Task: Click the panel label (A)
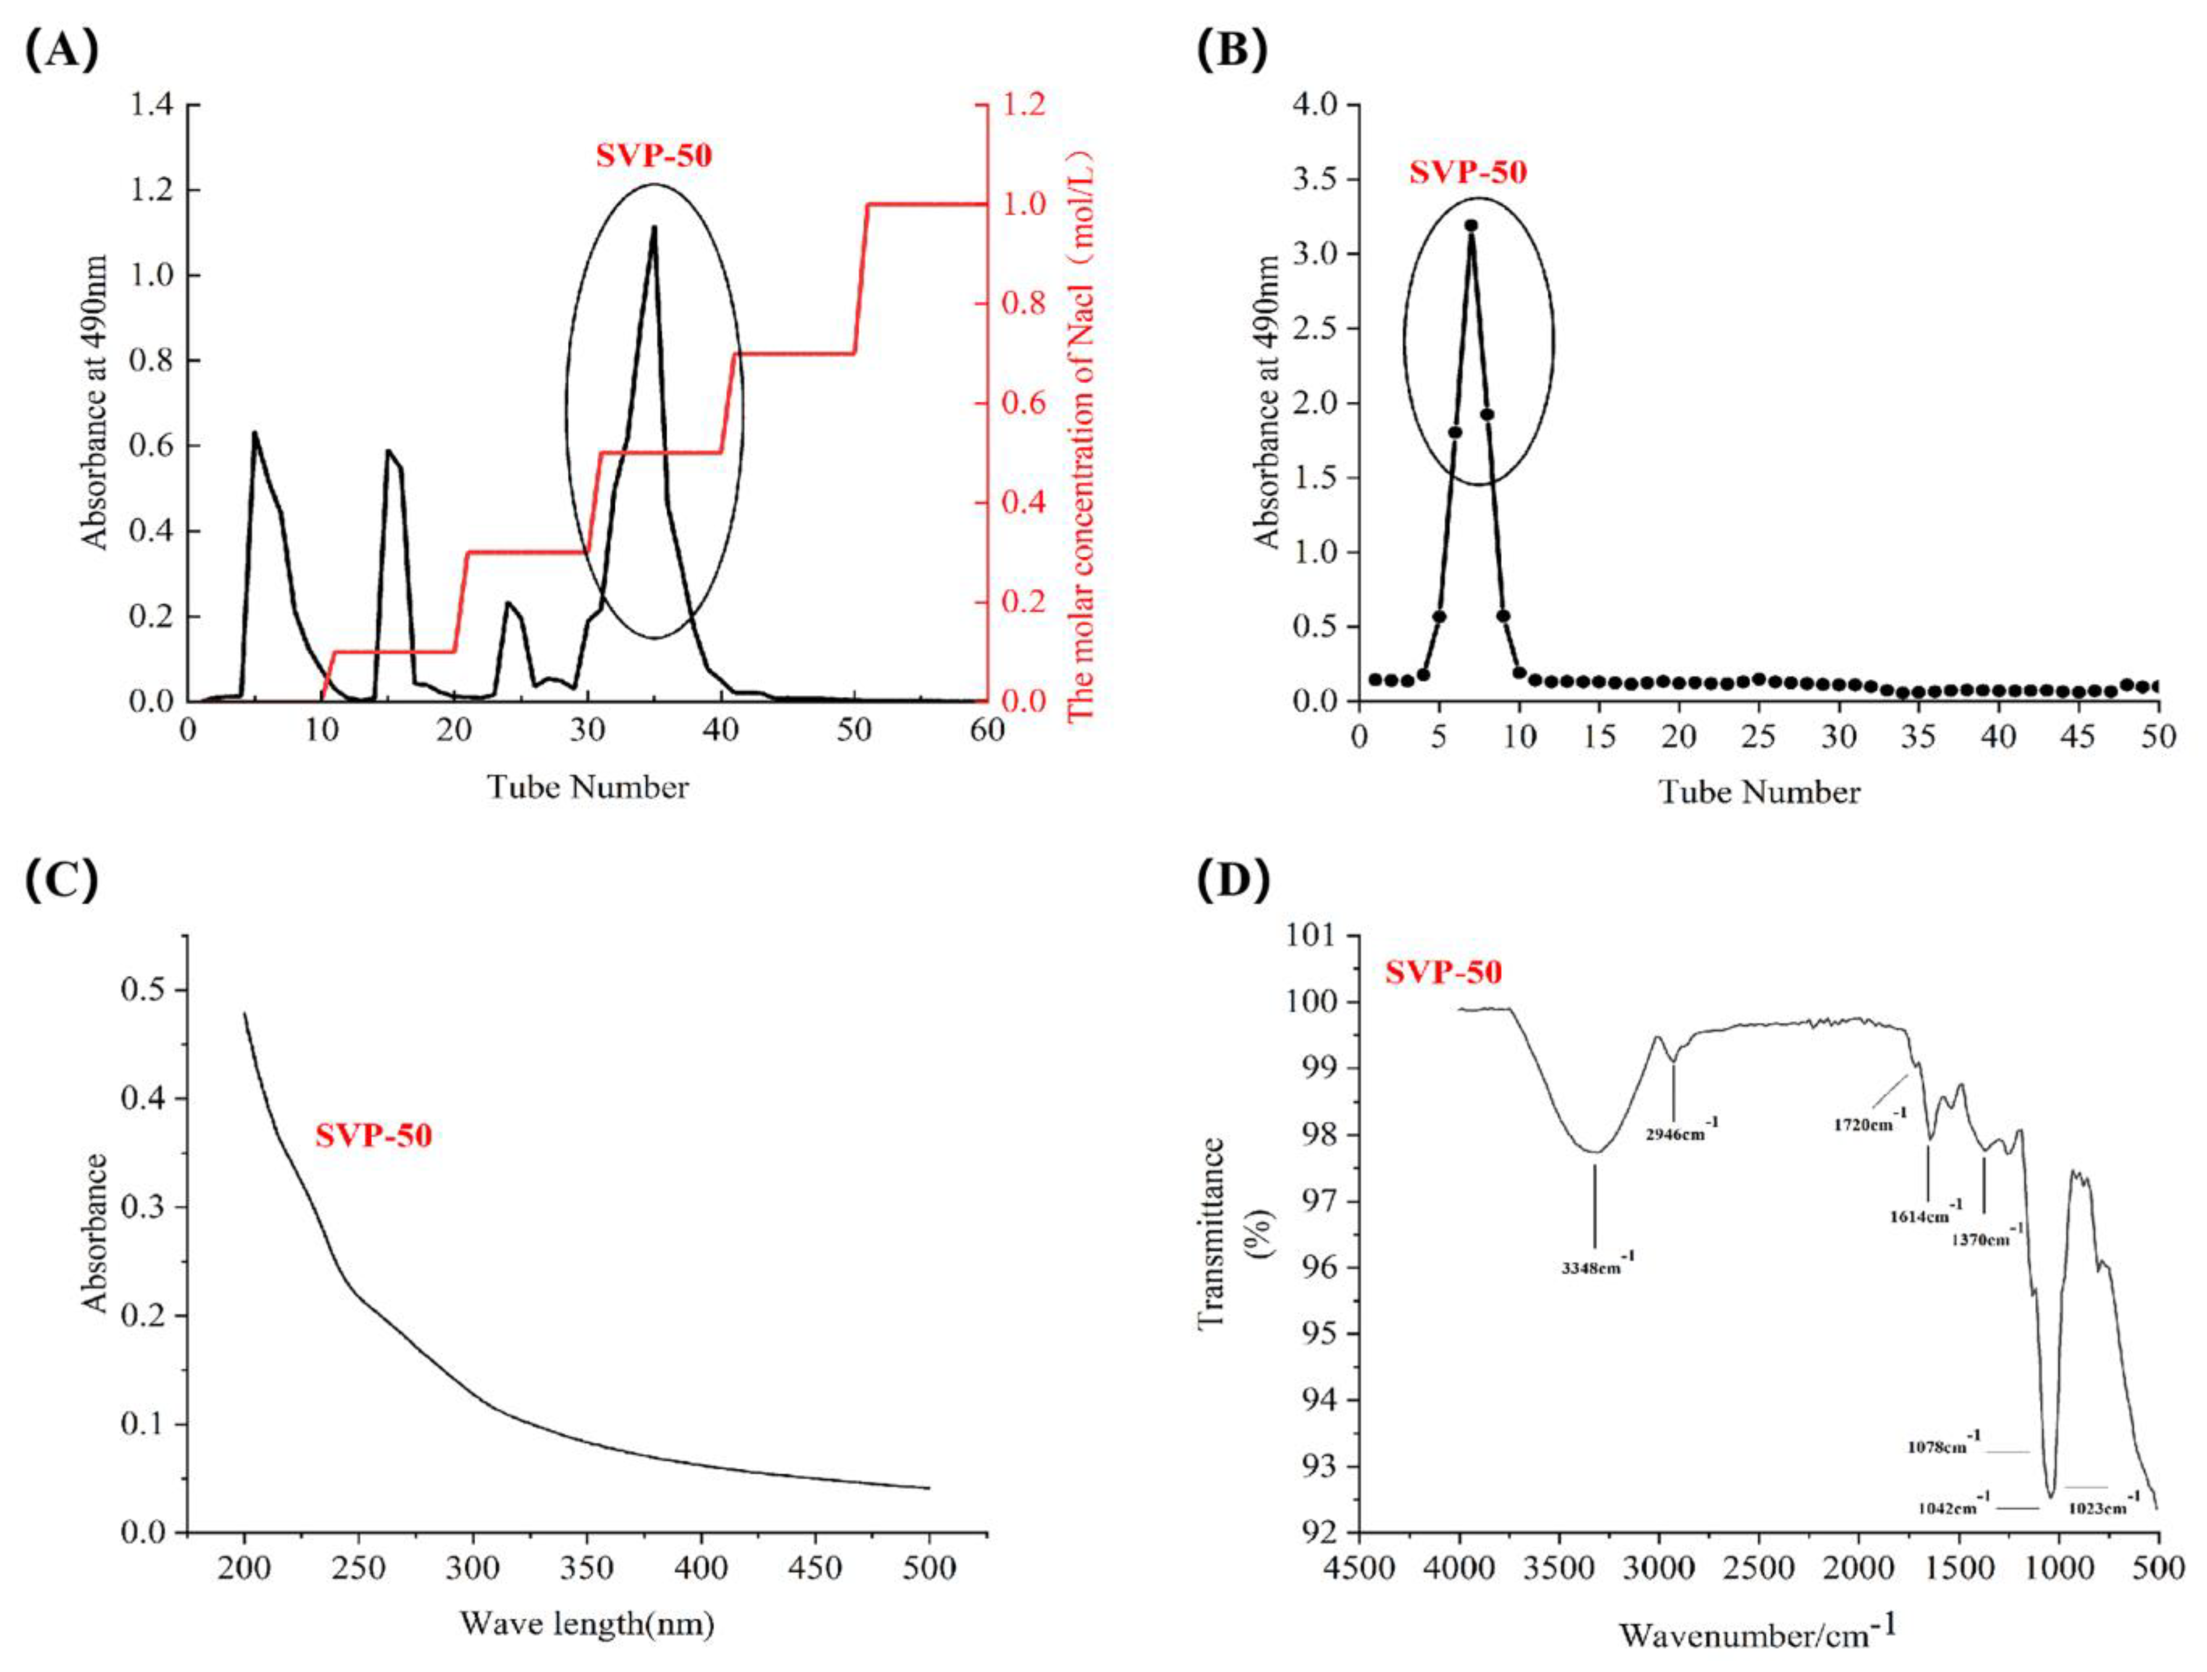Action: click(62, 50)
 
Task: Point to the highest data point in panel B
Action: click(1471, 225)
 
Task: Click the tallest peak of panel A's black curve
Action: click(653, 227)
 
